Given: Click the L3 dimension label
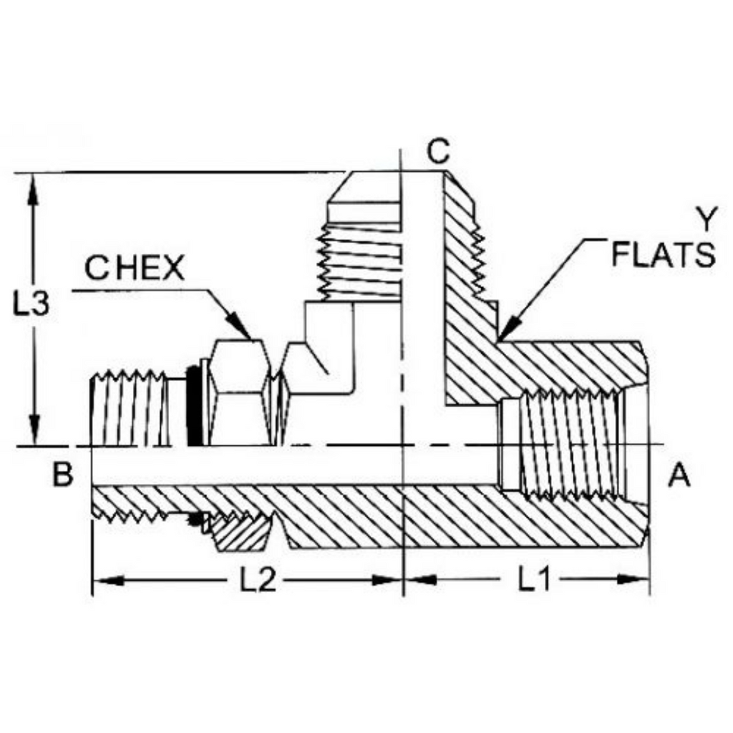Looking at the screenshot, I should point(33,305).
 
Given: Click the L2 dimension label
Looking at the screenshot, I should point(257,581).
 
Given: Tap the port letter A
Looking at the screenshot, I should point(679,475).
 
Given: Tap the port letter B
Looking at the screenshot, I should point(63,475).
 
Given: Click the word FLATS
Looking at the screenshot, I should point(663,255).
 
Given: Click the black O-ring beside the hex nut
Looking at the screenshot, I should point(193,407).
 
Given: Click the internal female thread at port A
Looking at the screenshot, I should point(569,444).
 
